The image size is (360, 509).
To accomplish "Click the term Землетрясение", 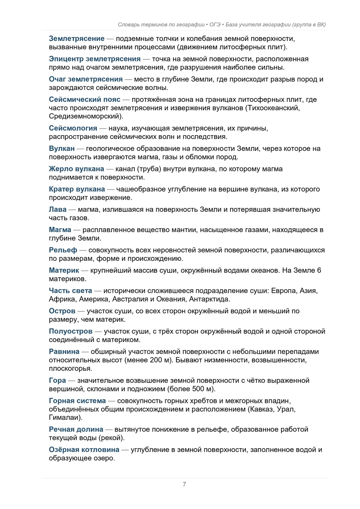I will pos(76,38).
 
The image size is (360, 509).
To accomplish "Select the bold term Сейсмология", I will pos(73,128).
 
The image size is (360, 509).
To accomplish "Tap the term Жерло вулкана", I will pos(76,169).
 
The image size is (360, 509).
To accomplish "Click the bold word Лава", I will pos(58,210).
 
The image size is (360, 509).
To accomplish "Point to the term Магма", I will pos(60,230).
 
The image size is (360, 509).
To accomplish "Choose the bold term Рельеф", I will pos(63,250).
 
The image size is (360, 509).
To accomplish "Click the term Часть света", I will pos(70,291).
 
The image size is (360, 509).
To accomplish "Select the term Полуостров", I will pos(71,332).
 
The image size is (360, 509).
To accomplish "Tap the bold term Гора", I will pos(57,381).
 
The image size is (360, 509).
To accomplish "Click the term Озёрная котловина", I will pos(84,450).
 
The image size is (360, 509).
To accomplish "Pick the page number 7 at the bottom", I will pos(184,484).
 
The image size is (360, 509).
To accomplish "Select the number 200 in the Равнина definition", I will pos(156,360).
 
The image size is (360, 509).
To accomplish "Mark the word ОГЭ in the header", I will pos(215,24).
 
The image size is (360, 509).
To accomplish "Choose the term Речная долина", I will pos(76,430).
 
